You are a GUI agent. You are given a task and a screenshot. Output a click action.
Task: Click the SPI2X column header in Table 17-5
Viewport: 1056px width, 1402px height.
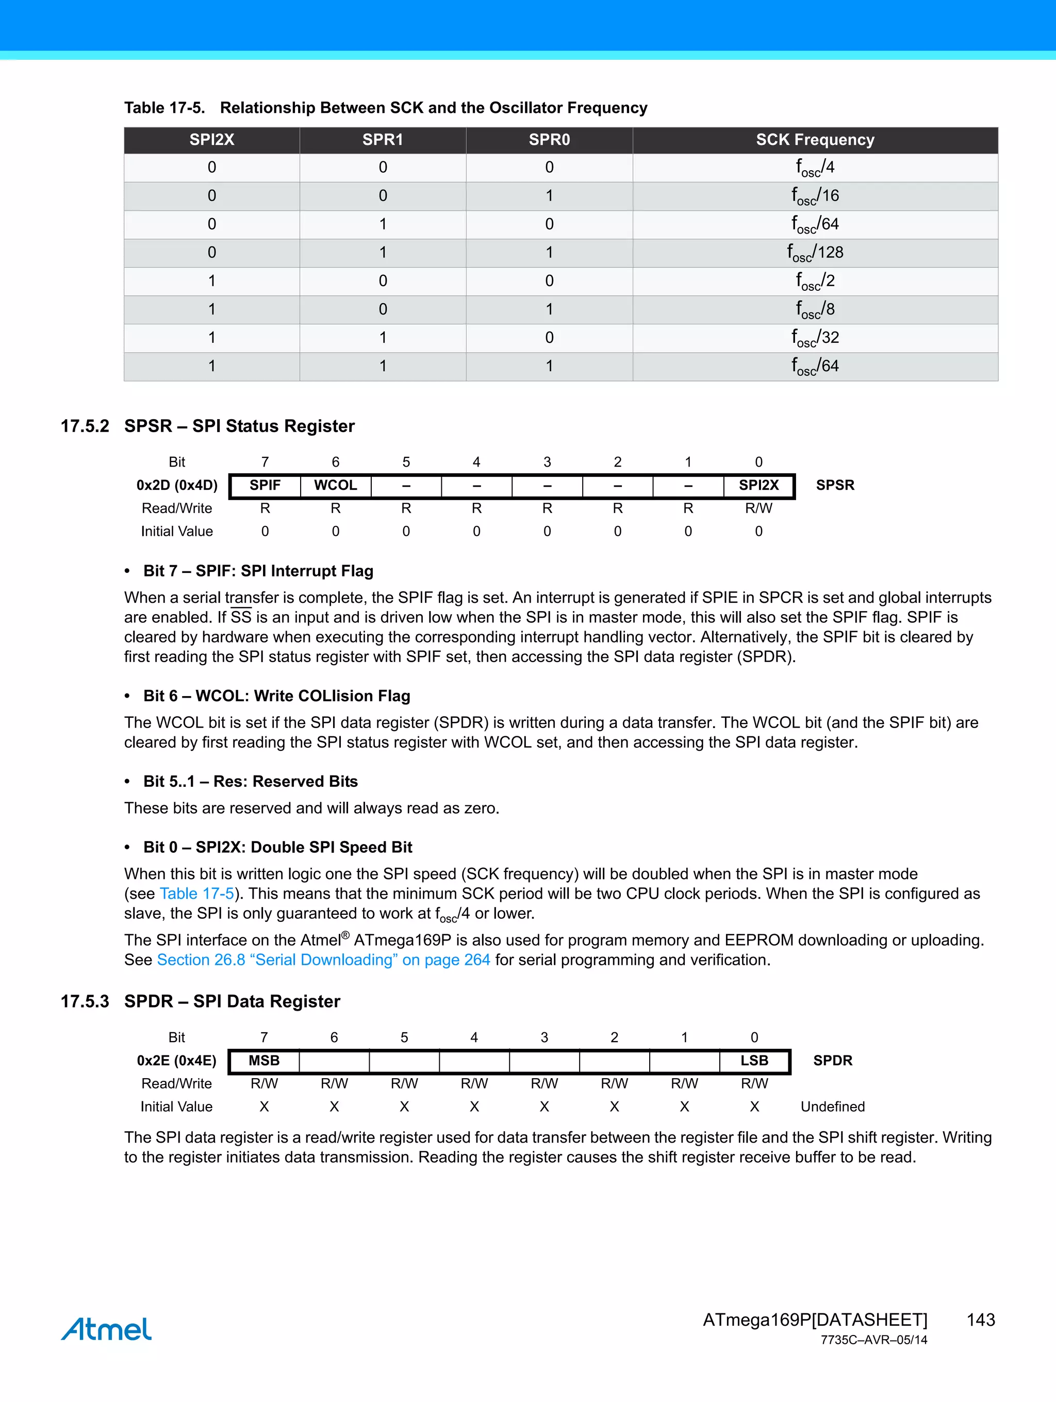[212, 140]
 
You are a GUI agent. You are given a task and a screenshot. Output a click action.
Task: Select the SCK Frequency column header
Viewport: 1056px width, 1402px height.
[815, 140]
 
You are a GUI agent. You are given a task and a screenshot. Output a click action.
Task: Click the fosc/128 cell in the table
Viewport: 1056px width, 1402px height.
[815, 252]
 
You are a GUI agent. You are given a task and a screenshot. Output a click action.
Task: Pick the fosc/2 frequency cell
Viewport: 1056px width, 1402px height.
[815, 281]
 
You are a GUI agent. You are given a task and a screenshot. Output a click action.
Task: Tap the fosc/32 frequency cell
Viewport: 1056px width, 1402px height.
[815, 337]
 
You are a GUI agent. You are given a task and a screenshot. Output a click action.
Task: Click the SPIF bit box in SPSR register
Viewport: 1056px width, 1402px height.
[265, 486]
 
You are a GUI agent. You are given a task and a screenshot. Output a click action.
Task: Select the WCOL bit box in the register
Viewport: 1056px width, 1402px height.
[335, 486]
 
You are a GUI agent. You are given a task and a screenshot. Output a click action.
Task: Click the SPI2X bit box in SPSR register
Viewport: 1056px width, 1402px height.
[758, 486]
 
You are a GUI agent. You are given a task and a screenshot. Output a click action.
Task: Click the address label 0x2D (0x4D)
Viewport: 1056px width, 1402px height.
[177, 486]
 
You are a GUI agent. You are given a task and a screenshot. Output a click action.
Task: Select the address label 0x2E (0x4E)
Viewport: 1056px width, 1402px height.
[176, 1061]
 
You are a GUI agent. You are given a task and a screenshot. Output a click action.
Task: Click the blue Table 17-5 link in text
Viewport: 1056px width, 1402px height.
[196, 894]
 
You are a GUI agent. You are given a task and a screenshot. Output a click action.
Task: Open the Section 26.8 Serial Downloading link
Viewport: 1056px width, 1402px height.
[323, 960]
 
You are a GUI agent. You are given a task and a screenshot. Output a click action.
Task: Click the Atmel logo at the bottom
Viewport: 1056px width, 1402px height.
[107, 1329]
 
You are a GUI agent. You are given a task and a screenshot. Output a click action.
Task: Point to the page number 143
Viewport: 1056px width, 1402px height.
[981, 1320]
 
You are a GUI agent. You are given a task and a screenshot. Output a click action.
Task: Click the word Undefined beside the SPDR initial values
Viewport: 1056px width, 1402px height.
[832, 1107]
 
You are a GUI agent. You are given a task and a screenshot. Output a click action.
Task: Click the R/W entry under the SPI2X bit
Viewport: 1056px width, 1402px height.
[758, 508]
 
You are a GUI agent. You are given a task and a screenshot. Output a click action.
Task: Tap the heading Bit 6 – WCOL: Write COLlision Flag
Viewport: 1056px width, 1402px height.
[276, 696]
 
